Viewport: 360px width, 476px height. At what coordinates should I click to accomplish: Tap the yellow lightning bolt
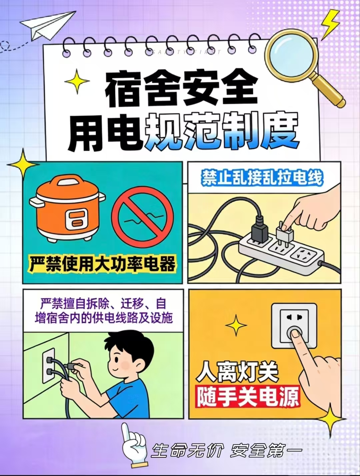330,24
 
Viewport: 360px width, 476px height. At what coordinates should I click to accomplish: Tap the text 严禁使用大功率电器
102,264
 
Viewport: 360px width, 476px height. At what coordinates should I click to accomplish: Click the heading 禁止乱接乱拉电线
262,178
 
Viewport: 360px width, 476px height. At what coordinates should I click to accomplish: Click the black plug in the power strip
259,231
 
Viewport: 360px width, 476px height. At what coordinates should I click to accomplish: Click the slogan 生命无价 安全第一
226,451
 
